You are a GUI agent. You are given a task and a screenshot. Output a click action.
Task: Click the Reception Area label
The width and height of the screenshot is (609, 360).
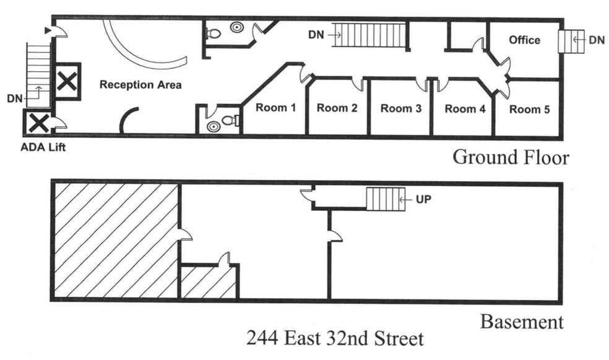coord(140,85)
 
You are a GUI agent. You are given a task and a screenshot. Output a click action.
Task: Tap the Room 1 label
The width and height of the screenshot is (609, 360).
coord(276,108)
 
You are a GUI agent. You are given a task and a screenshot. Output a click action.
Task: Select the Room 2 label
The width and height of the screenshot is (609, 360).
coord(337,108)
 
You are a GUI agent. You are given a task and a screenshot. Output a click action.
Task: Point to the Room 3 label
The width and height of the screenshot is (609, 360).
coord(400,109)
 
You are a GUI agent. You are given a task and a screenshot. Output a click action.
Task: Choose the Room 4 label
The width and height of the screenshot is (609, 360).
coord(464,109)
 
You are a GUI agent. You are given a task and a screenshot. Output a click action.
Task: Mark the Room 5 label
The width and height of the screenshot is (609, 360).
coord(529,109)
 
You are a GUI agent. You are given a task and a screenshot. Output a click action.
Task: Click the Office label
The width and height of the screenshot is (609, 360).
coord(524,40)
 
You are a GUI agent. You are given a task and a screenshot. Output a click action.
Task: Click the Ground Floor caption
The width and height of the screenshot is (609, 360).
coord(511,157)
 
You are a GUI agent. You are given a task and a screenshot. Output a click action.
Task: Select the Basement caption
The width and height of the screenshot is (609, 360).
coord(522,322)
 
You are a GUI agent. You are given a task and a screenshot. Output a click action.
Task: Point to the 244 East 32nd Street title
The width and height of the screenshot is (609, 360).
coord(335,339)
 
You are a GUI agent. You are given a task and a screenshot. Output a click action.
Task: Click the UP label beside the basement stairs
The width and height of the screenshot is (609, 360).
coord(423,200)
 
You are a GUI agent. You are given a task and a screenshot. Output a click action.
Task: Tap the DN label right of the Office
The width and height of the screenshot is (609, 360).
coord(597,40)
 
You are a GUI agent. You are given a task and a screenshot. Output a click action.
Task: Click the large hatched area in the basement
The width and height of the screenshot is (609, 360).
coord(115,239)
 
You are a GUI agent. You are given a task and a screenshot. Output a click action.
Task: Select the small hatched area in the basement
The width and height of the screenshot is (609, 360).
coord(208,282)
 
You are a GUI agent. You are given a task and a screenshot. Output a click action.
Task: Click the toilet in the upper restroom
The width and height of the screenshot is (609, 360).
coord(214,34)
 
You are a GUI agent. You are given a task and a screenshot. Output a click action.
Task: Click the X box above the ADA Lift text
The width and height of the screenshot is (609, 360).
coord(37,122)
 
